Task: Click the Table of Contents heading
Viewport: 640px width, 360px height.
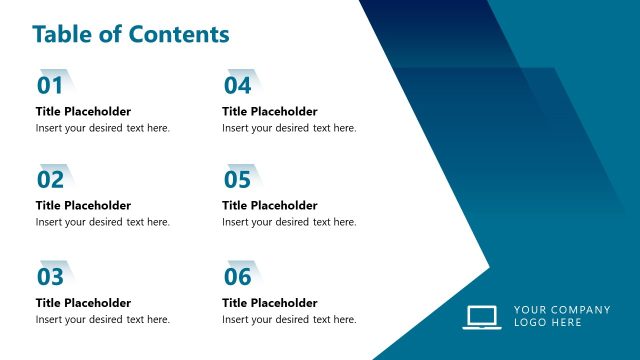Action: tap(130, 34)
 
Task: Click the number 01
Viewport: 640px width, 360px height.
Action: tap(50, 85)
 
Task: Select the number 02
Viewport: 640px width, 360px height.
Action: tap(50, 180)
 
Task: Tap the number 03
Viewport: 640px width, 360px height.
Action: tap(50, 276)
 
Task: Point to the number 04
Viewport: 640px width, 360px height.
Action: tap(237, 85)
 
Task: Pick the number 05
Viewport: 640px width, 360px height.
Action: tap(237, 180)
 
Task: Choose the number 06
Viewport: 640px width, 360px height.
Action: tap(237, 276)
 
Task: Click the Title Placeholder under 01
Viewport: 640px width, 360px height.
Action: tap(83, 111)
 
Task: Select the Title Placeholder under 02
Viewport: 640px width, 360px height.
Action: tap(83, 206)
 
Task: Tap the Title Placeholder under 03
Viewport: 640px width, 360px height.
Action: tap(83, 302)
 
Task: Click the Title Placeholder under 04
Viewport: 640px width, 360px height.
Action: tap(269, 111)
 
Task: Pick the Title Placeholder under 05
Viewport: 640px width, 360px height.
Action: tap(269, 206)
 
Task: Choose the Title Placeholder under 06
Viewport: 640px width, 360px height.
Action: tap(269, 302)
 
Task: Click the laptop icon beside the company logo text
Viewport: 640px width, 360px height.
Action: tap(482, 316)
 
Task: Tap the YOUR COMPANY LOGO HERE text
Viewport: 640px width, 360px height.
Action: tap(561, 316)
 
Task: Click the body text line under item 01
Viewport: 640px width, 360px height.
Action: tap(103, 128)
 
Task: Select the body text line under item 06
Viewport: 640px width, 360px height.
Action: tap(289, 319)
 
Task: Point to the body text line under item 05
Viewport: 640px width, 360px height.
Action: tap(289, 223)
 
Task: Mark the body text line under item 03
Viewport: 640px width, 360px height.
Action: tap(103, 319)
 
